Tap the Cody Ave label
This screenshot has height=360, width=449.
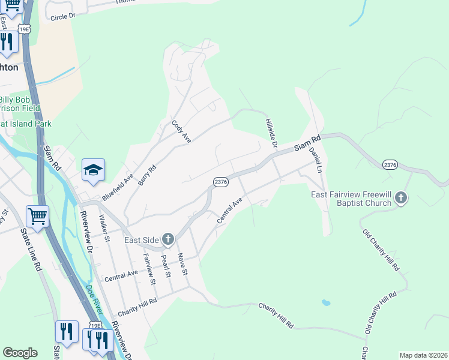coord(181,131)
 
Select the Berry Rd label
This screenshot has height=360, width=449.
coord(146,175)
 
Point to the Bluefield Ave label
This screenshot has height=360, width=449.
coord(117,188)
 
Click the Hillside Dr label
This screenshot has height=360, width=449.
coord(271,133)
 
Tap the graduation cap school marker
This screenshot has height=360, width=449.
coord(93,170)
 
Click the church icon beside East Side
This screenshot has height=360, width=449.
coord(167,240)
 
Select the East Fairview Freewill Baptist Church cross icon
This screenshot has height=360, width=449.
coord(401,198)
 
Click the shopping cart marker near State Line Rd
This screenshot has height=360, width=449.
coord(37,217)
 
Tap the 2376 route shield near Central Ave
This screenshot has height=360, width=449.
coord(220,181)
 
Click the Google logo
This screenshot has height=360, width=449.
coord(20,353)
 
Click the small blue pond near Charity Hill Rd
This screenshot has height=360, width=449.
coord(325,302)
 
